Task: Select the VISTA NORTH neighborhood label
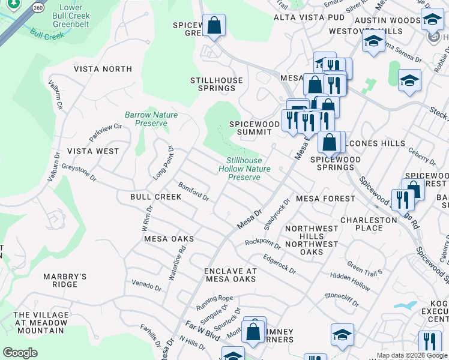coord(103,69)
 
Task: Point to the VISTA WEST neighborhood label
coord(93,151)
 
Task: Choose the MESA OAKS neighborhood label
coord(169,238)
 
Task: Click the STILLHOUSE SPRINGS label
coord(217,84)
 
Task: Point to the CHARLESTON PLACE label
coord(369,224)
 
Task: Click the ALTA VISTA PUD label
coord(309,17)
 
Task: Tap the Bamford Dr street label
coord(193,191)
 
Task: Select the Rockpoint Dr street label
coord(262,244)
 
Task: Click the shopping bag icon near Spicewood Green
coord(213,25)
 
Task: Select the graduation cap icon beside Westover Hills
coord(373,42)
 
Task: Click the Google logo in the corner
coord(20,353)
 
